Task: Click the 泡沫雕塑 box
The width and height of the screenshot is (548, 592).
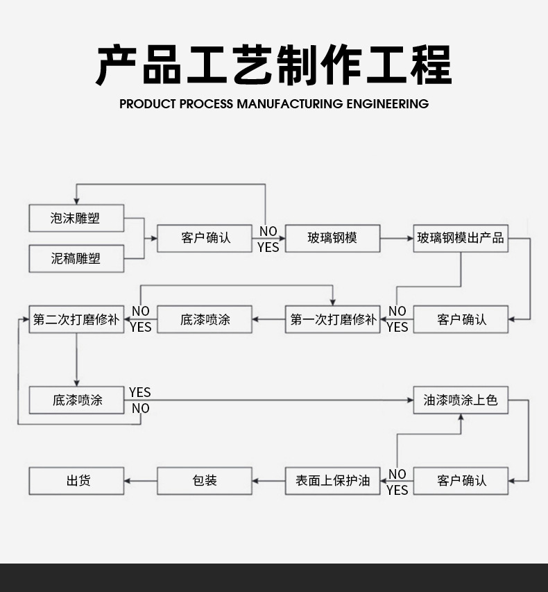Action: click(x=76, y=218)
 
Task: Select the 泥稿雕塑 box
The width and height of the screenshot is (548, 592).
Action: click(x=76, y=258)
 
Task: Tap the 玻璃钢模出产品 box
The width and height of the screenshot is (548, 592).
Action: click(x=461, y=238)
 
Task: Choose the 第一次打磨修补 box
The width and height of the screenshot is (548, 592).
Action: click(x=332, y=319)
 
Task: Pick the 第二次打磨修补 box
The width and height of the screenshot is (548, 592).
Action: click(x=76, y=319)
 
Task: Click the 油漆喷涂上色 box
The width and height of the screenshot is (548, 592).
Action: click(x=461, y=400)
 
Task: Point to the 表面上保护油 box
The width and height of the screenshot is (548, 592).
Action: click(x=332, y=480)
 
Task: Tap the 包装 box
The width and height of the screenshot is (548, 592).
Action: click(x=205, y=480)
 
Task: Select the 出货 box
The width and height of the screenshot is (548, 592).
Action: click(x=76, y=480)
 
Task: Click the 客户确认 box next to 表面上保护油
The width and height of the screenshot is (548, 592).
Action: click(x=461, y=480)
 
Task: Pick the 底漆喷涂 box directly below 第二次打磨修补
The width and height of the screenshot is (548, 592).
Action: click(x=76, y=400)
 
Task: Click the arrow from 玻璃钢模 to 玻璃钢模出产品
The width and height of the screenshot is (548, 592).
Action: click(x=397, y=238)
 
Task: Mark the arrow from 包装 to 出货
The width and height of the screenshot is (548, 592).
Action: click(x=141, y=480)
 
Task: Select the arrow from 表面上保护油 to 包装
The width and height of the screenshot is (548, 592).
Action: click(x=268, y=480)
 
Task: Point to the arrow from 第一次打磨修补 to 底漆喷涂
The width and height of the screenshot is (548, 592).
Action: click(x=268, y=319)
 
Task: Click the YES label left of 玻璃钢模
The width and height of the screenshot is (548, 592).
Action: click(x=268, y=247)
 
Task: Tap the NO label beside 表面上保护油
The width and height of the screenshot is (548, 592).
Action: click(x=397, y=474)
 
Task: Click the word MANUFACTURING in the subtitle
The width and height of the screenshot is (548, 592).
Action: click(x=290, y=104)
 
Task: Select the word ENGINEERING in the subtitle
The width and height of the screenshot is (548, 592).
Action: click(x=387, y=104)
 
